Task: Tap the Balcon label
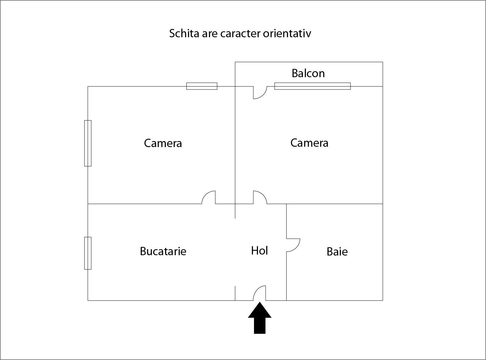pyautogui.click(x=308, y=74)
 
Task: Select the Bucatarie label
pyautogui.click(x=163, y=251)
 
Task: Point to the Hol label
pyautogui.click(x=259, y=251)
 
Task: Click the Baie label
pyautogui.click(x=337, y=252)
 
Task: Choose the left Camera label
pyautogui.click(x=163, y=143)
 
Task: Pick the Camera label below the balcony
pyautogui.click(x=309, y=143)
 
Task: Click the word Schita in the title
pyautogui.click(x=184, y=34)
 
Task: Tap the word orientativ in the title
pyautogui.click(x=287, y=34)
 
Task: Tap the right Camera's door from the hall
pyautogui.click(x=263, y=194)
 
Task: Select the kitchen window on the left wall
pyautogui.click(x=88, y=253)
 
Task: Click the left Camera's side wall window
pyautogui.click(x=88, y=143)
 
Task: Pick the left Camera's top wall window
pyautogui.click(x=202, y=86)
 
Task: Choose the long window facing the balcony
pyautogui.click(x=313, y=86)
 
